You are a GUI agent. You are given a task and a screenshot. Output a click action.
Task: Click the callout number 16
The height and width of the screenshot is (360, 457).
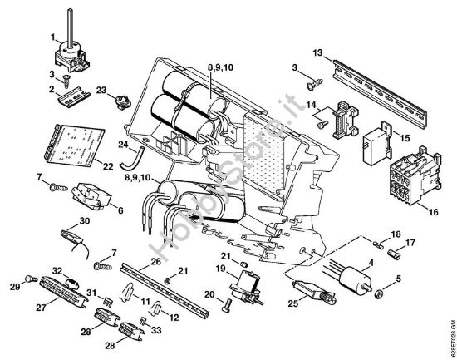(x=434, y=212)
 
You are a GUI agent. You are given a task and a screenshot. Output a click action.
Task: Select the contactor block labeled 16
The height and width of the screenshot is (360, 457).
(x=415, y=175)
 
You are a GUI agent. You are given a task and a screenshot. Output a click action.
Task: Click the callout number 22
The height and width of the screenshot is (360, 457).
(x=108, y=166)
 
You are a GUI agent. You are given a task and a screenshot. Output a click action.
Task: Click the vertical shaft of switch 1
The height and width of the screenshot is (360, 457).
(x=71, y=27)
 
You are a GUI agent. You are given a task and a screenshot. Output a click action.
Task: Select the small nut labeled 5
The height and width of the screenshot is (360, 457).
(x=379, y=293)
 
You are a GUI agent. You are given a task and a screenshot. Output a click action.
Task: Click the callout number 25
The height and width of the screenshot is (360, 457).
(x=293, y=303)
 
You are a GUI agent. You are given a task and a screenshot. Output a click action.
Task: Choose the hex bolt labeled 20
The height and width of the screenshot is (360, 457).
(x=227, y=306)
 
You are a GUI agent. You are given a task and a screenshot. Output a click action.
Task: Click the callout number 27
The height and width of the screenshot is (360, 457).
(x=41, y=308)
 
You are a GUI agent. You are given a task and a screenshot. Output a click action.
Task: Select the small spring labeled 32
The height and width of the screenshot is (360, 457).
(x=73, y=283)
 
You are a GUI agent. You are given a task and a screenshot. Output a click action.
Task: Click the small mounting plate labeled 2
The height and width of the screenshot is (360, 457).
(x=73, y=97)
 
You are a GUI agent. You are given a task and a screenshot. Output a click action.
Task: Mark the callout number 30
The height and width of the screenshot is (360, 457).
(x=85, y=221)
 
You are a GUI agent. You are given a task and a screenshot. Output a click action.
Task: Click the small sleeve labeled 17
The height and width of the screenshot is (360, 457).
(x=396, y=254)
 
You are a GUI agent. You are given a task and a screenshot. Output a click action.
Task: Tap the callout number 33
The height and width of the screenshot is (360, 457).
(x=156, y=330)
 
